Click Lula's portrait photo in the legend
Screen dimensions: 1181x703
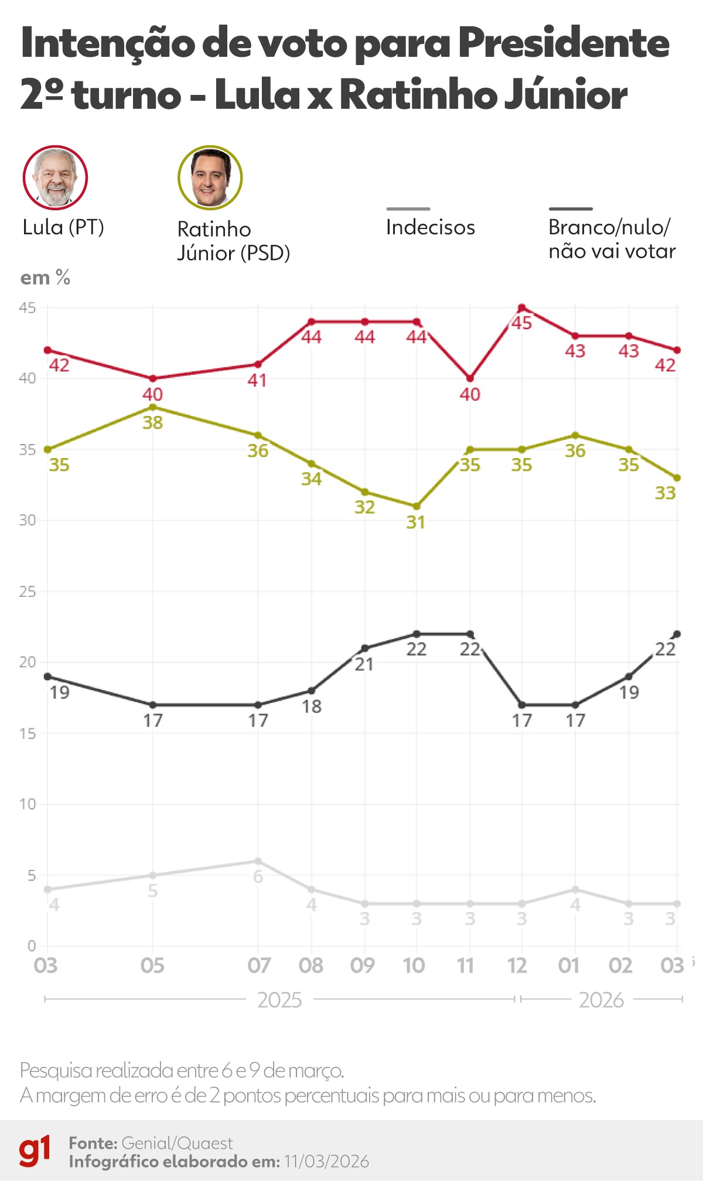coord(55,178)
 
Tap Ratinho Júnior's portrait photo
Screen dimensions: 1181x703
coord(210,178)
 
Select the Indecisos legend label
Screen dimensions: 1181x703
coord(430,227)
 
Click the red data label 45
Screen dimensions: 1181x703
coord(521,323)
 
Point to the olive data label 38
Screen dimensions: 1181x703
coord(152,422)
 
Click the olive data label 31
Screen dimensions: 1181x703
coord(415,522)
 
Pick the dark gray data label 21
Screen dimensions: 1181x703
coord(364,664)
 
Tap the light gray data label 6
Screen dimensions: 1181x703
coord(258,877)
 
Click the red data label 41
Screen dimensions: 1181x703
coord(257,380)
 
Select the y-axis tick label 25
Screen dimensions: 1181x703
coord(28,592)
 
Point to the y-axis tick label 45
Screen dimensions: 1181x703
coord(28,308)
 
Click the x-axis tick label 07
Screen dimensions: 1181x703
coord(258,965)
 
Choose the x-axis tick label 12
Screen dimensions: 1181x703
coord(517,965)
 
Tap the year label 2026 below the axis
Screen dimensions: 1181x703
coord(601,1000)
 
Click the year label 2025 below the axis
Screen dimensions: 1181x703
coord(279,1000)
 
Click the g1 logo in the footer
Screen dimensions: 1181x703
coord(35,1152)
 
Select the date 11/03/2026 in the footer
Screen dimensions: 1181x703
coord(326,1161)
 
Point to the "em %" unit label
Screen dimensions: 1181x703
coord(45,278)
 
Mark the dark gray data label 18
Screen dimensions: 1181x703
coord(312,706)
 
